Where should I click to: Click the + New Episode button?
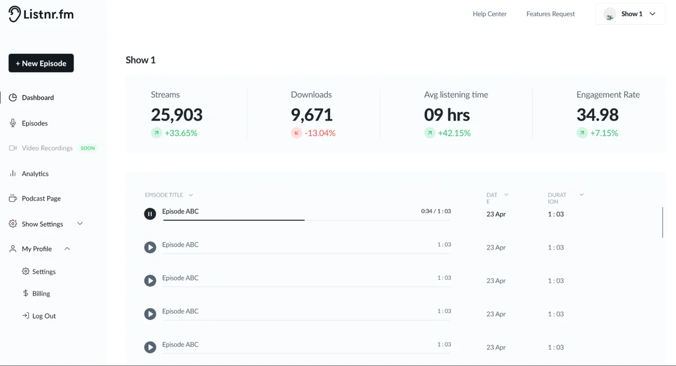point(41,63)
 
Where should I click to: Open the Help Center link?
point(490,14)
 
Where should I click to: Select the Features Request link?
point(550,14)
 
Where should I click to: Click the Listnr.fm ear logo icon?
point(14,14)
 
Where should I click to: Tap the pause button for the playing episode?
point(150,213)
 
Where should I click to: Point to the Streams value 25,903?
point(176,115)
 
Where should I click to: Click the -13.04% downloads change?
point(320,133)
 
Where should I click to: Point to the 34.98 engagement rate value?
point(597,115)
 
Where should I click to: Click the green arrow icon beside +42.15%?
point(429,133)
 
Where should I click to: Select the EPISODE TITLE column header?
point(164,195)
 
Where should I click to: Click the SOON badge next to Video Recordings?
point(88,148)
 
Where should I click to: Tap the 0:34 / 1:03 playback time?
point(436,211)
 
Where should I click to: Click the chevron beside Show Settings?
point(80,224)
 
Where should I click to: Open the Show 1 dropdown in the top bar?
point(630,14)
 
